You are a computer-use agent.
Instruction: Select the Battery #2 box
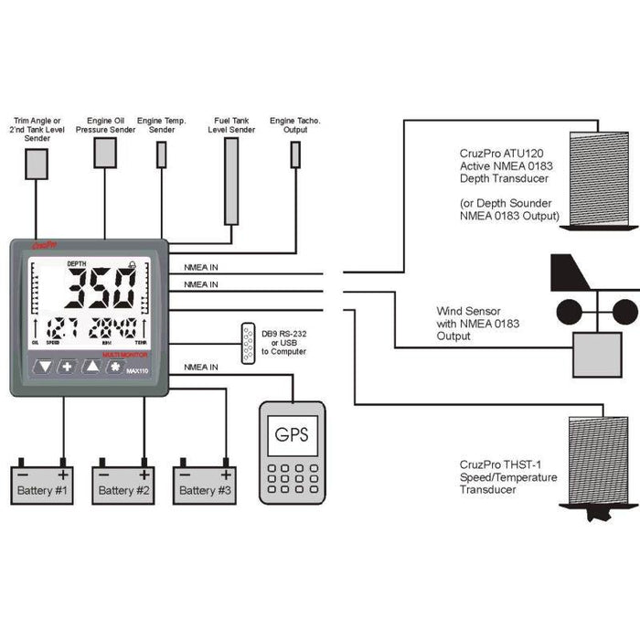[123, 486]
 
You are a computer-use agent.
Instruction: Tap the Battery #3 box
[205, 486]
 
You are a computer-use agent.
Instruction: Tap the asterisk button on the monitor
[116, 368]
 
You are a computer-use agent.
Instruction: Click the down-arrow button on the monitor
[43, 368]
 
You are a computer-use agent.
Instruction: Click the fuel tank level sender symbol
[232, 181]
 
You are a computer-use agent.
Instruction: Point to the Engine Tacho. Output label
[294, 124]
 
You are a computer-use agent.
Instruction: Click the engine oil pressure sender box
[105, 153]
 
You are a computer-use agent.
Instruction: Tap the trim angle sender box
[37, 163]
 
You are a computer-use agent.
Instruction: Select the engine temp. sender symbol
[162, 155]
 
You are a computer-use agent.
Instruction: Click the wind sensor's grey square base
[596, 355]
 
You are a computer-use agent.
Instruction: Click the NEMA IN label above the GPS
[201, 367]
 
